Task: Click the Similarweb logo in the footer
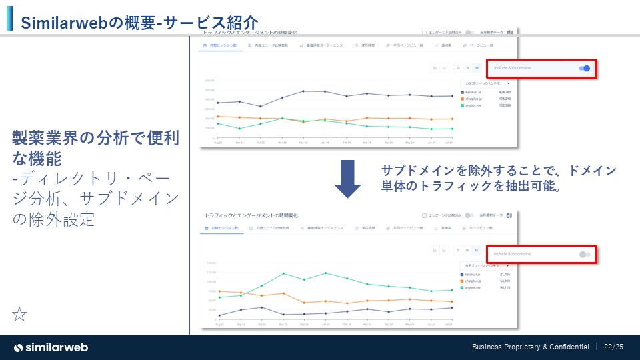coord(51,347)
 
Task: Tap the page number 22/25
coord(613,347)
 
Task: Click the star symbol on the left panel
coord(20,315)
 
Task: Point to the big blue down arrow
coord(347,178)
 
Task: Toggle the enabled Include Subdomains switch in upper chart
coord(585,68)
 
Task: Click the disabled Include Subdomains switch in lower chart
coord(585,254)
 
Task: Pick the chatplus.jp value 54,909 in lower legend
coord(504,281)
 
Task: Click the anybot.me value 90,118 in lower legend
coord(504,288)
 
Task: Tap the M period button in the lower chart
coord(477,251)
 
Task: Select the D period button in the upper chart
coord(458,68)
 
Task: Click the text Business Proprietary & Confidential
coord(531,347)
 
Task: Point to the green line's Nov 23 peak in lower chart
coord(283,273)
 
